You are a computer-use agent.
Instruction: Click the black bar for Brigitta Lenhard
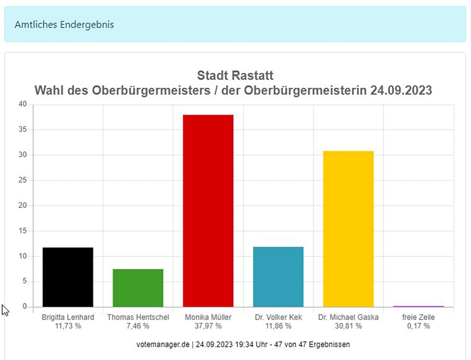(68, 277)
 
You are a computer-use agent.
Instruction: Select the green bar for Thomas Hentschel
(138, 288)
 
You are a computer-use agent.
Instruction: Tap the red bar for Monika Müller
(208, 211)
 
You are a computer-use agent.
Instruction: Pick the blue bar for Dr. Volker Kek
(278, 277)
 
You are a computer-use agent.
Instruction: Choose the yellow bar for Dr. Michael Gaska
(349, 229)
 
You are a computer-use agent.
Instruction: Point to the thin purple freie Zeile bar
(418, 306)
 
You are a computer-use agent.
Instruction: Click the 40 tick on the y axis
(22, 104)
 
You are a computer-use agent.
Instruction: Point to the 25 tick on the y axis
(22, 180)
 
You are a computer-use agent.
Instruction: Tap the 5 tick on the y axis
(25, 281)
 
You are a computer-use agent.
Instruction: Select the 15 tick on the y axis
(22, 231)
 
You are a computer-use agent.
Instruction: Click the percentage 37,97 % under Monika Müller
(208, 326)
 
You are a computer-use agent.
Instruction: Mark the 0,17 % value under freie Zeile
(418, 326)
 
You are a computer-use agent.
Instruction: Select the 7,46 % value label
(138, 326)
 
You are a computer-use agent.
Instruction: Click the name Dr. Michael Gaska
(348, 317)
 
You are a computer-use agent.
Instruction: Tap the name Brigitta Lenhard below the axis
(68, 317)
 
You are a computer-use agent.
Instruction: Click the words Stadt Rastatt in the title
(235, 75)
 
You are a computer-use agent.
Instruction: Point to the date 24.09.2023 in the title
(401, 90)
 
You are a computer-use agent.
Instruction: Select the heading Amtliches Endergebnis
(64, 24)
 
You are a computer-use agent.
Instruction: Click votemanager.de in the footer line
(163, 345)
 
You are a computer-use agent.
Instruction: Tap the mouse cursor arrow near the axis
(5, 311)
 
